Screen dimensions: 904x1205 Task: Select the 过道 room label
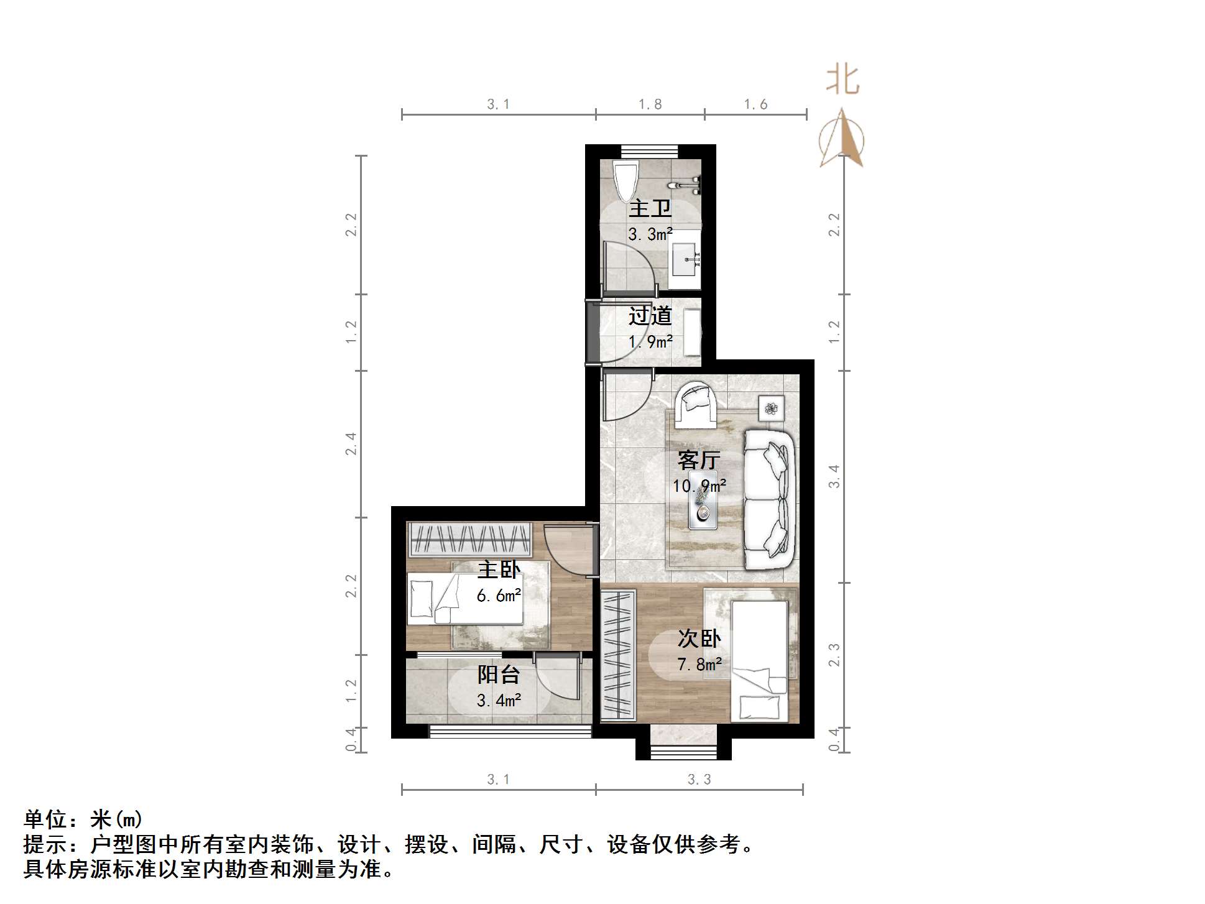pos(650,316)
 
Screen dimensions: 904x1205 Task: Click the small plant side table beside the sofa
pos(771,408)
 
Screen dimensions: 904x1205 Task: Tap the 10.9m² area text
pos(699,486)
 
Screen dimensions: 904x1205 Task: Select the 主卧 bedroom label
pos(499,569)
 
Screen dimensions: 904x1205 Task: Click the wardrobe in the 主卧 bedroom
pos(469,539)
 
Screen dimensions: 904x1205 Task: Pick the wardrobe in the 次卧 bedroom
pos(617,655)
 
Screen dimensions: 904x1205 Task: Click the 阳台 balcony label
pos(498,675)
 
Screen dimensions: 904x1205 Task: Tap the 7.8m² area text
pos(699,665)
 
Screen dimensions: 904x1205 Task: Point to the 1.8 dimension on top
pos(650,104)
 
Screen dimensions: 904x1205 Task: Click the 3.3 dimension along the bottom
pos(699,780)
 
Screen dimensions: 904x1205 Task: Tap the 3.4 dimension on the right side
pos(834,476)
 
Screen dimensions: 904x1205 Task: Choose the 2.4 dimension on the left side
pos(351,444)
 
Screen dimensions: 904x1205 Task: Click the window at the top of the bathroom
pos(649,151)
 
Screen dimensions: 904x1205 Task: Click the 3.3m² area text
pos(650,234)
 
